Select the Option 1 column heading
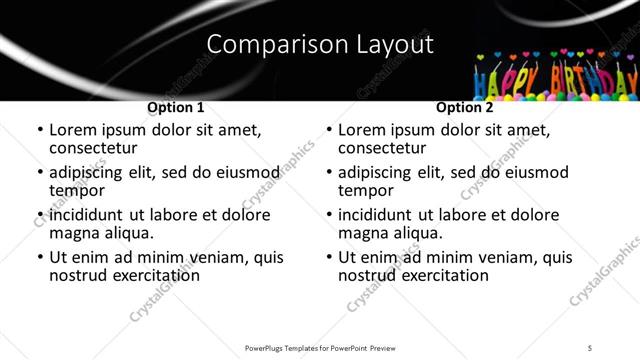[x=175, y=107]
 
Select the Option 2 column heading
[x=464, y=107]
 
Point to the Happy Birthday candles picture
[x=554, y=75]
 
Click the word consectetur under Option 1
[x=93, y=147]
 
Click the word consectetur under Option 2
[x=382, y=147]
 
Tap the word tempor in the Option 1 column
[x=77, y=190]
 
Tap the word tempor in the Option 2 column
[x=366, y=190]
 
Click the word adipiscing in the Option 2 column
[x=375, y=172]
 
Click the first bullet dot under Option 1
[x=39, y=131]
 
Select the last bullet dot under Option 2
[x=328, y=258]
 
